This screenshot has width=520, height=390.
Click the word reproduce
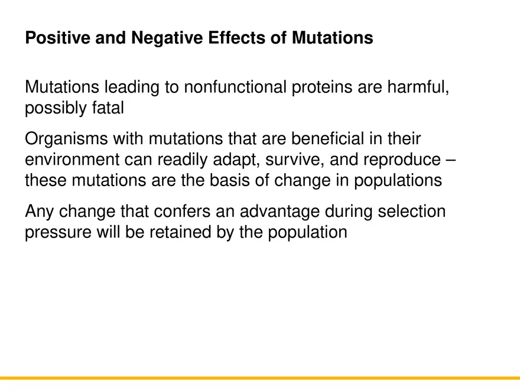[x=402, y=160]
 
